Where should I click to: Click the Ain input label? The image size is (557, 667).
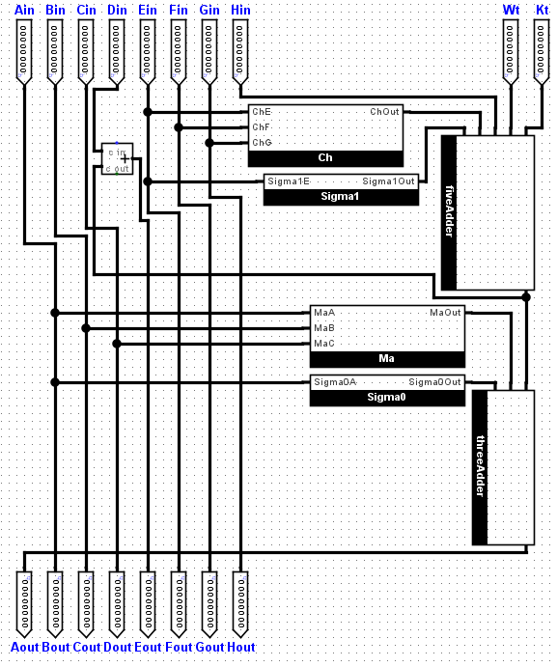point(25,10)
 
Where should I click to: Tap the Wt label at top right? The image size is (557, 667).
point(512,10)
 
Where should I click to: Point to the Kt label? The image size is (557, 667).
point(543,10)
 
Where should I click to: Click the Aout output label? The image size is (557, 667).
point(25,647)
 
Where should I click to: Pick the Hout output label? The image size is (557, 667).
point(241,647)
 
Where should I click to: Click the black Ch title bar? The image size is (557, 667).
point(325,158)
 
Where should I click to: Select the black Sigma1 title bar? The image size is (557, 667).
point(341,197)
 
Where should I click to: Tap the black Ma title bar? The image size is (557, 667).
point(387,359)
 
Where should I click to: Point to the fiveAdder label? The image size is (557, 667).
point(449,212)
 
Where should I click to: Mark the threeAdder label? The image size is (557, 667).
point(480,467)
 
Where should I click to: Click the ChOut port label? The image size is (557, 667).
point(384,112)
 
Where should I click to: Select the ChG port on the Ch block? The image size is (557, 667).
point(262,143)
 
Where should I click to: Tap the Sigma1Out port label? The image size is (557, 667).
point(388,181)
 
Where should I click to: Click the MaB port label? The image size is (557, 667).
point(324,328)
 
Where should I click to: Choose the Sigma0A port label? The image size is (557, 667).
point(334,382)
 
